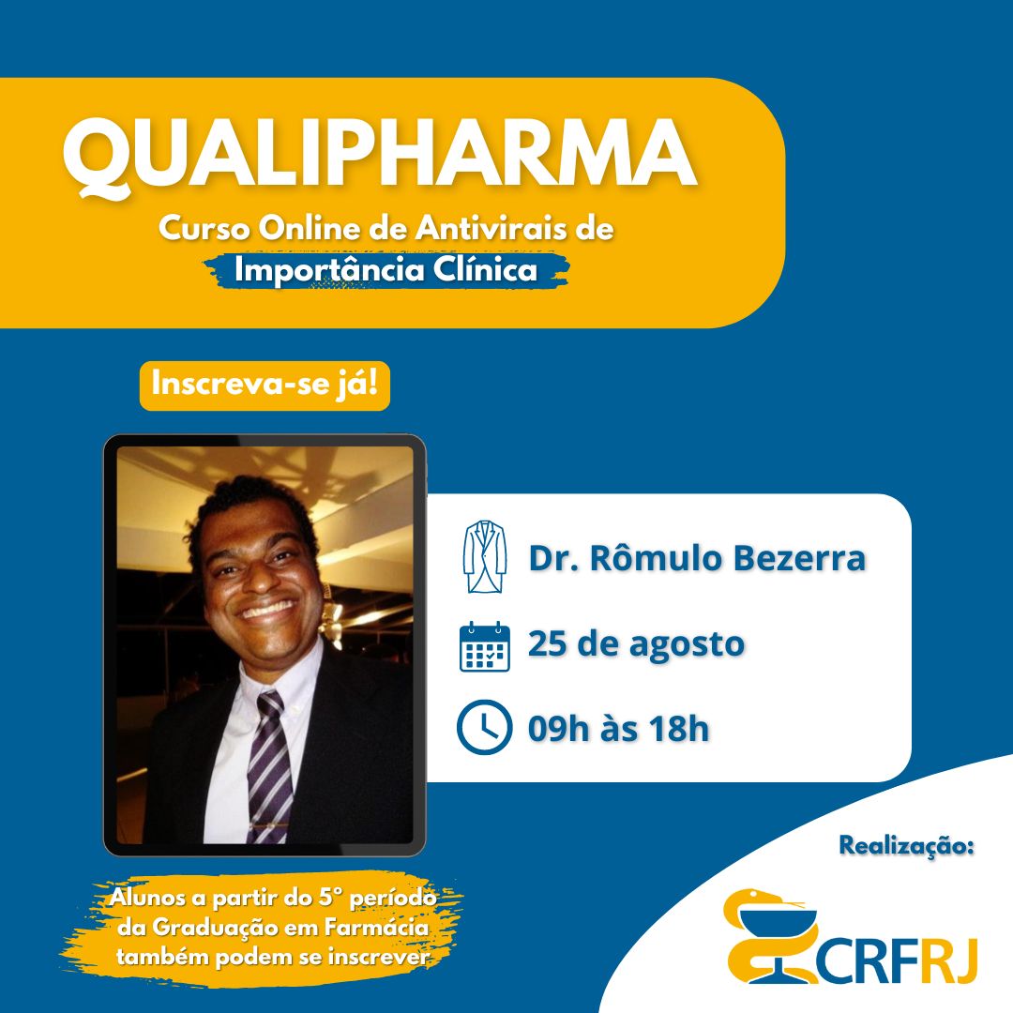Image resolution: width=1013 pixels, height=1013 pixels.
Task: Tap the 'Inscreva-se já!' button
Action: tap(265, 386)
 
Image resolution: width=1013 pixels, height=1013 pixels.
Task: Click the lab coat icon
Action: tap(485, 556)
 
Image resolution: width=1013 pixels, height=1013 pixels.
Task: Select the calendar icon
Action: tap(485, 646)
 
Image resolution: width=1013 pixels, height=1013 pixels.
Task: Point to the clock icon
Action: tap(485, 727)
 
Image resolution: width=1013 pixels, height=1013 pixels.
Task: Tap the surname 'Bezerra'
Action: tap(800, 558)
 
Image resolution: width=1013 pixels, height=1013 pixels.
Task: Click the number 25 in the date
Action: tap(547, 643)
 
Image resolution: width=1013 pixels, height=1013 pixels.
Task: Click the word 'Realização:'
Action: tap(906, 846)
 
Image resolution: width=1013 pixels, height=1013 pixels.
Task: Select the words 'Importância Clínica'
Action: tap(386, 269)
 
